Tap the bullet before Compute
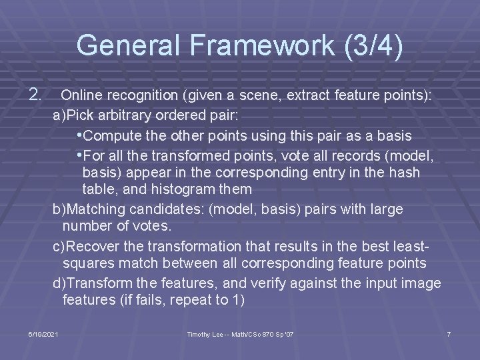pyautogui.click(x=80, y=135)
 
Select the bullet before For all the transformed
pyautogui.click(x=80, y=155)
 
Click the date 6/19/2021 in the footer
pyautogui.click(x=43, y=333)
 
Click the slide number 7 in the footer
pyautogui.click(x=449, y=333)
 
